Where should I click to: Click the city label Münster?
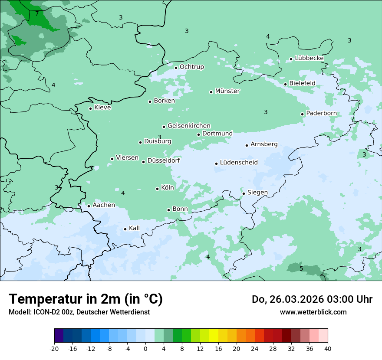pyautogui.click(x=227, y=91)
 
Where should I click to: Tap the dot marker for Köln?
pyautogui.click(x=158, y=189)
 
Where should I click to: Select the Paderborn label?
pyautogui.click(x=321, y=114)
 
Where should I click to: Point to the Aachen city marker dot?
pyautogui.click(x=89, y=206)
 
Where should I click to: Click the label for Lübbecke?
pyautogui.click(x=309, y=58)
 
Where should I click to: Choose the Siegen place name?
pyautogui.click(x=257, y=193)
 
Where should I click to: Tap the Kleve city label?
pyautogui.click(x=102, y=108)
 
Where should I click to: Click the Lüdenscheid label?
pyautogui.click(x=239, y=163)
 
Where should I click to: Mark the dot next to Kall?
pyautogui.click(x=125, y=229)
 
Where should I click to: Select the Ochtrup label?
pyautogui.click(x=191, y=67)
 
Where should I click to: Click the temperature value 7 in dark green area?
pyautogui.click(x=37, y=13)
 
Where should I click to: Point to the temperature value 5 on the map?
pyautogui.click(x=301, y=268)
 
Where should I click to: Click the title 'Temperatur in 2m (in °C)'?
pyautogui.click(x=86, y=299)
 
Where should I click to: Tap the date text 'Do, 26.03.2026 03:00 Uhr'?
pyautogui.click(x=312, y=299)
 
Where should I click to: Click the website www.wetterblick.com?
pyautogui.click(x=313, y=312)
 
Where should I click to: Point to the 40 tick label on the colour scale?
pyautogui.click(x=328, y=348)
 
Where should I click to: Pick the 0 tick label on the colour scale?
pyautogui.click(x=145, y=348)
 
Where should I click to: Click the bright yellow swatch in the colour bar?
pyautogui.click(x=214, y=336)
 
